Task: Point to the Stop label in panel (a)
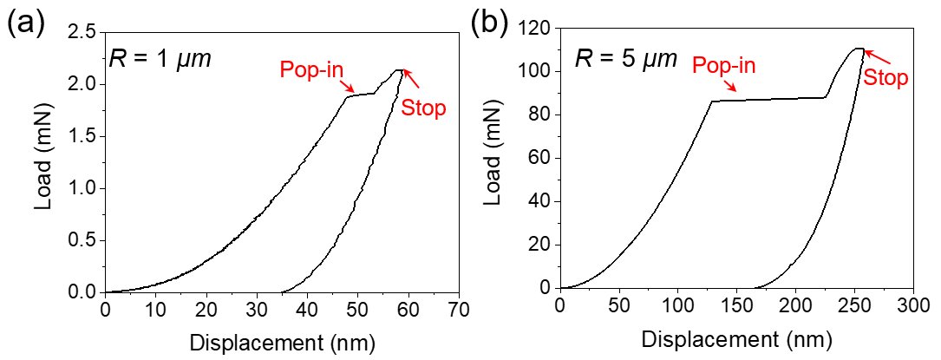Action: [423, 108]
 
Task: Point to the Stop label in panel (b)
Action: [885, 78]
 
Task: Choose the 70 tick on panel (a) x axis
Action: [458, 309]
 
